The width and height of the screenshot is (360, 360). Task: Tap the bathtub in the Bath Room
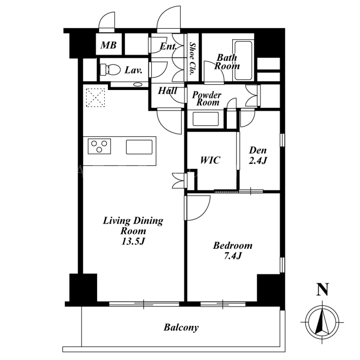coord(243,60)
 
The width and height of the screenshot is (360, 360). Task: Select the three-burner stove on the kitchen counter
coord(99,146)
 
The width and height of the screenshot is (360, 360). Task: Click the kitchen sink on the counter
coord(139,147)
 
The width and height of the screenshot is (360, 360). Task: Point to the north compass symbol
coord(322,322)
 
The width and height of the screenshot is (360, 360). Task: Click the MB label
coord(108,45)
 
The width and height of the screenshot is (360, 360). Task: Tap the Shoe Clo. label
coord(193,59)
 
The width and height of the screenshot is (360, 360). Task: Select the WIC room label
coord(210,160)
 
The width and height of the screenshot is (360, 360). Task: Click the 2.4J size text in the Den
coord(258,161)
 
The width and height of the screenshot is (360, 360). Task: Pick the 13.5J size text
coord(133,241)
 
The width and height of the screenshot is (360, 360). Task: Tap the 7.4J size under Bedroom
coord(233,256)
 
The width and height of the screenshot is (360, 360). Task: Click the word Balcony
coord(181,328)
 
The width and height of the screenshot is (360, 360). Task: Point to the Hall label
coord(167,91)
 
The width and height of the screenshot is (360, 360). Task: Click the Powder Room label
coord(207,99)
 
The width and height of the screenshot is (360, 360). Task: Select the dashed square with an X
coord(95,98)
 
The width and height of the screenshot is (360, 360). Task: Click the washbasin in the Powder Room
coord(205,119)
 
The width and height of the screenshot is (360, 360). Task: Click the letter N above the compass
coord(323,289)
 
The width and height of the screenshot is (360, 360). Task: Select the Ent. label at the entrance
coord(168,47)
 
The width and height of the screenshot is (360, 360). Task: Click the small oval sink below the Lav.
coord(138,84)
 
